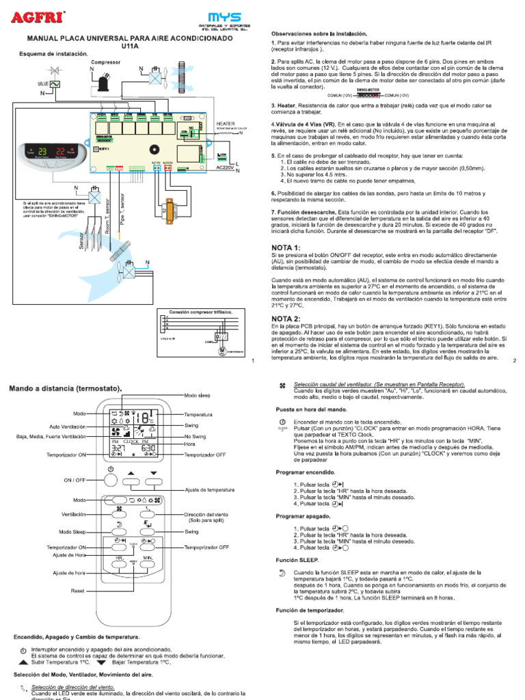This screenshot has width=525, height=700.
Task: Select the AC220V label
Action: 225,166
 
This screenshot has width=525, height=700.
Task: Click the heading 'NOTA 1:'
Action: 286,247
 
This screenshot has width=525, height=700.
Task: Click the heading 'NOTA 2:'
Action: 286,319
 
